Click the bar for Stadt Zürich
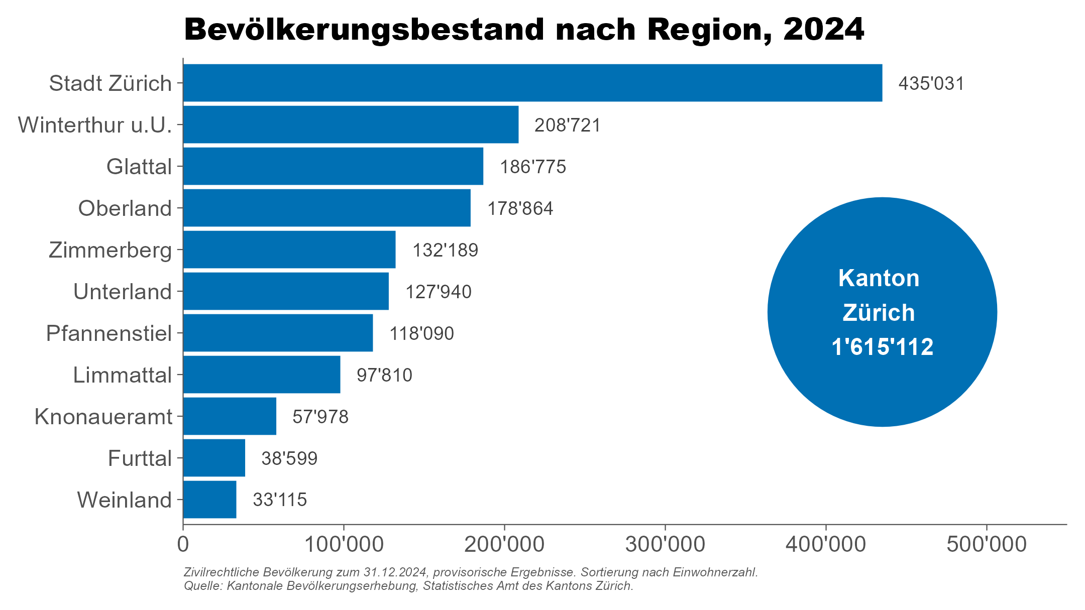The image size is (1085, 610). [532, 83]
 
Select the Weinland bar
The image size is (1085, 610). [209, 500]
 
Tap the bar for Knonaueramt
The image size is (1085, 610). [230, 416]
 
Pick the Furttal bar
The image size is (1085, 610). [214, 458]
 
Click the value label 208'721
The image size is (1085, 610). [567, 125]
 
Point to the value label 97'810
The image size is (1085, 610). [384, 375]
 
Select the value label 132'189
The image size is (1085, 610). [445, 250]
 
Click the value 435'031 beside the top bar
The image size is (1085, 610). [931, 83]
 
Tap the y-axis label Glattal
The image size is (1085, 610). [139, 167]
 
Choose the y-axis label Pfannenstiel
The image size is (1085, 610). [109, 333]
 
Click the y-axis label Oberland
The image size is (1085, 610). [125, 208]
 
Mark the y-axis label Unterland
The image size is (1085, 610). [123, 292]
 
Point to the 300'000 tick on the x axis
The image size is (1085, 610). [665, 545]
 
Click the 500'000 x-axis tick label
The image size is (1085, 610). [986, 545]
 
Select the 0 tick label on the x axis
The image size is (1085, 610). [183, 545]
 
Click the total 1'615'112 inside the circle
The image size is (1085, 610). [882, 347]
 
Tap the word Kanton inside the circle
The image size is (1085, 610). [879, 278]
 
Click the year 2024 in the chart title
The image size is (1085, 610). [823, 30]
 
